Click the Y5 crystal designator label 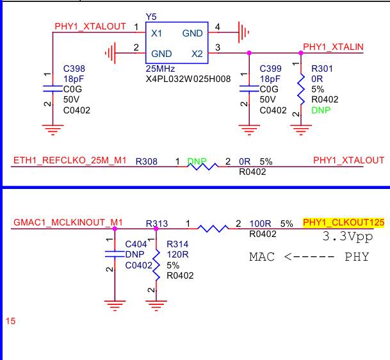(x=151, y=17)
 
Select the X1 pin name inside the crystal (x=156, y=33)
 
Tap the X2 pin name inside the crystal (x=197, y=54)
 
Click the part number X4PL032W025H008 (x=188, y=79)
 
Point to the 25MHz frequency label (x=160, y=69)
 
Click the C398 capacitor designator (x=74, y=69)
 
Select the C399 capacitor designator (x=271, y=69)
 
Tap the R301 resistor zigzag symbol (x=301, y=89)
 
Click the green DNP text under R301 (x=321, y=110)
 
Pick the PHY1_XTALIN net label (x=333, y=47)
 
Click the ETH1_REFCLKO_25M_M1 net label (x=70, y=161)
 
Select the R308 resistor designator (x=147, y=161)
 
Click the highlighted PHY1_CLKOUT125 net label (x=344, y=222)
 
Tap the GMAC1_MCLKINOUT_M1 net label (x=68, y=222)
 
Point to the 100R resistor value (x=260, y=224)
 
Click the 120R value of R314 (x=177, y=254)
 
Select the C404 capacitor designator (x=136, y=244)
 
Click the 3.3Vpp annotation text (x=348, y=236)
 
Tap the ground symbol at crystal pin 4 (x=244, y=32)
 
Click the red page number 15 (x=11, y=321)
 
